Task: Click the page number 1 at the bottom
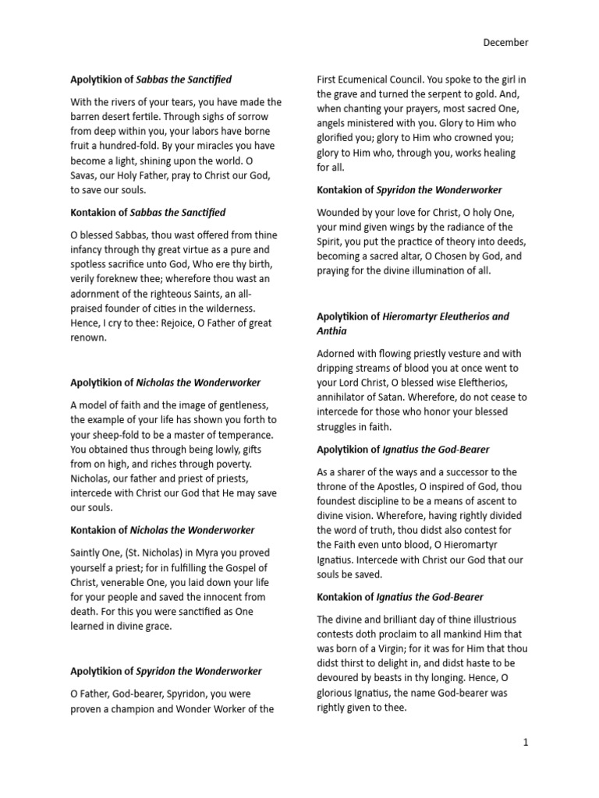pos(526,743)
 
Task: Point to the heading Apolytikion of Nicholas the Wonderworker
pos(165,383)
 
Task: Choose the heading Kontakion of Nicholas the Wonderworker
pos(162,530)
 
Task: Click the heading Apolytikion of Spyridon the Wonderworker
pos(165,671)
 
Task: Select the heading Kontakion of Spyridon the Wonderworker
pos(409,189)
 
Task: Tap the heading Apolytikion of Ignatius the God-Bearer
pos(402,450)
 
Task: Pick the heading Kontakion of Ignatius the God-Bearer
pos(399,597)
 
